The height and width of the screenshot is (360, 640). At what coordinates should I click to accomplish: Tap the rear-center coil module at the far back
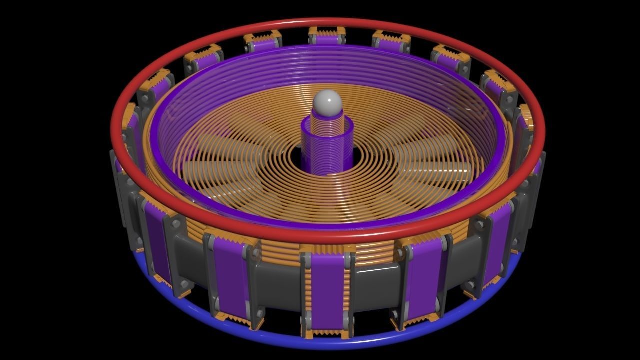(x=327, y=37)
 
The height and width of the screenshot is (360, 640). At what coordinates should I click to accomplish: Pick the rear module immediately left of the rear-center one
(x=263, y=42)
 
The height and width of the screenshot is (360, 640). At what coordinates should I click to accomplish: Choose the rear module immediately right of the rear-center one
(x=391, y=42)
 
